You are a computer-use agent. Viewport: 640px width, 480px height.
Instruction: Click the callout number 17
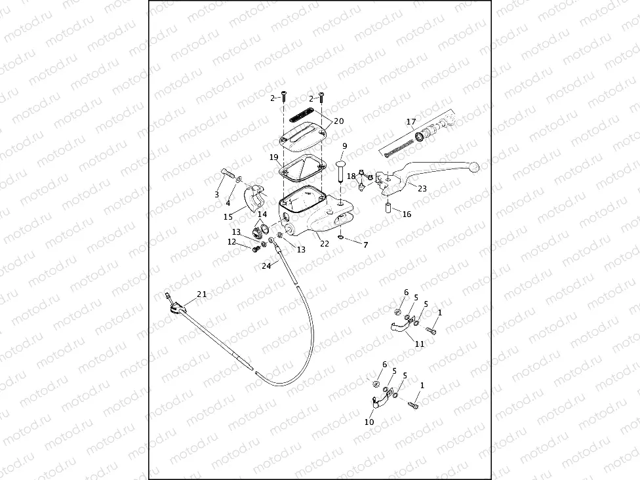pyautogui.click(x=411, y=122)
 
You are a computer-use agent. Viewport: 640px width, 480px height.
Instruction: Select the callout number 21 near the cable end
pyautogui.click(x=201, y=294)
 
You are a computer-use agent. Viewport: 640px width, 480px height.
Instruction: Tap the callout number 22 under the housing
pyautogui.click(x=324, y=244)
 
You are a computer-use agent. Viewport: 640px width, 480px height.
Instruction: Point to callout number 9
pyautogui.click(x=344, y=146)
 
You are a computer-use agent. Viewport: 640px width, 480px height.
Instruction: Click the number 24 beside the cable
pyautogui.click(x=266, y=266)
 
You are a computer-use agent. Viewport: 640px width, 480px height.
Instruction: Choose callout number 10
pyautogui.click(x=369, y=423)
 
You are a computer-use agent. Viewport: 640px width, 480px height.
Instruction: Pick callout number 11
pyautogui.click(x=420, y=344)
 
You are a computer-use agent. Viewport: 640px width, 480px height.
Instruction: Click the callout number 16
pyautogui.click(x=407, y=214)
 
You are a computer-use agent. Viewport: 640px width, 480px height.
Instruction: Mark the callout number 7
pyautogui.click(x=365, y=245)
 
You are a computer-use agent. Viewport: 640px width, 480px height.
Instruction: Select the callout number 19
pyautogui.click(x=273, y=157)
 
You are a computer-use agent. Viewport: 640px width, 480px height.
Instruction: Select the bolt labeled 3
pyautogui.click(x=227, y=175)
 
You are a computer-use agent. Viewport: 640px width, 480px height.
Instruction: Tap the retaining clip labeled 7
pyautogui.click(x=342, y=237)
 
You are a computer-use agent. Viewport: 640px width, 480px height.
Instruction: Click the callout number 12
pyautogui.click(x=231, y=242)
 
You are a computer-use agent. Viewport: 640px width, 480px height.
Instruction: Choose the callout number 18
pyautogui.click(x=351, y=176)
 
